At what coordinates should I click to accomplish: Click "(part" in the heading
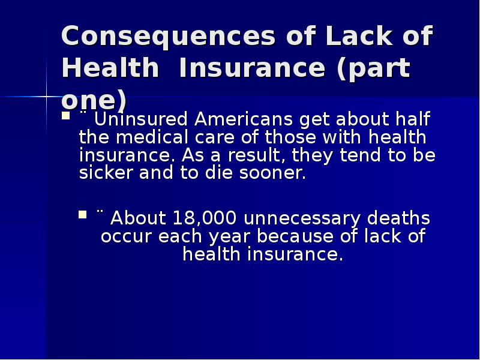click(x=373, y=69)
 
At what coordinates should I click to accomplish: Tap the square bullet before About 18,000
click(x=83, y=213)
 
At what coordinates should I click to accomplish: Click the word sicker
click(x=106, y=174)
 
